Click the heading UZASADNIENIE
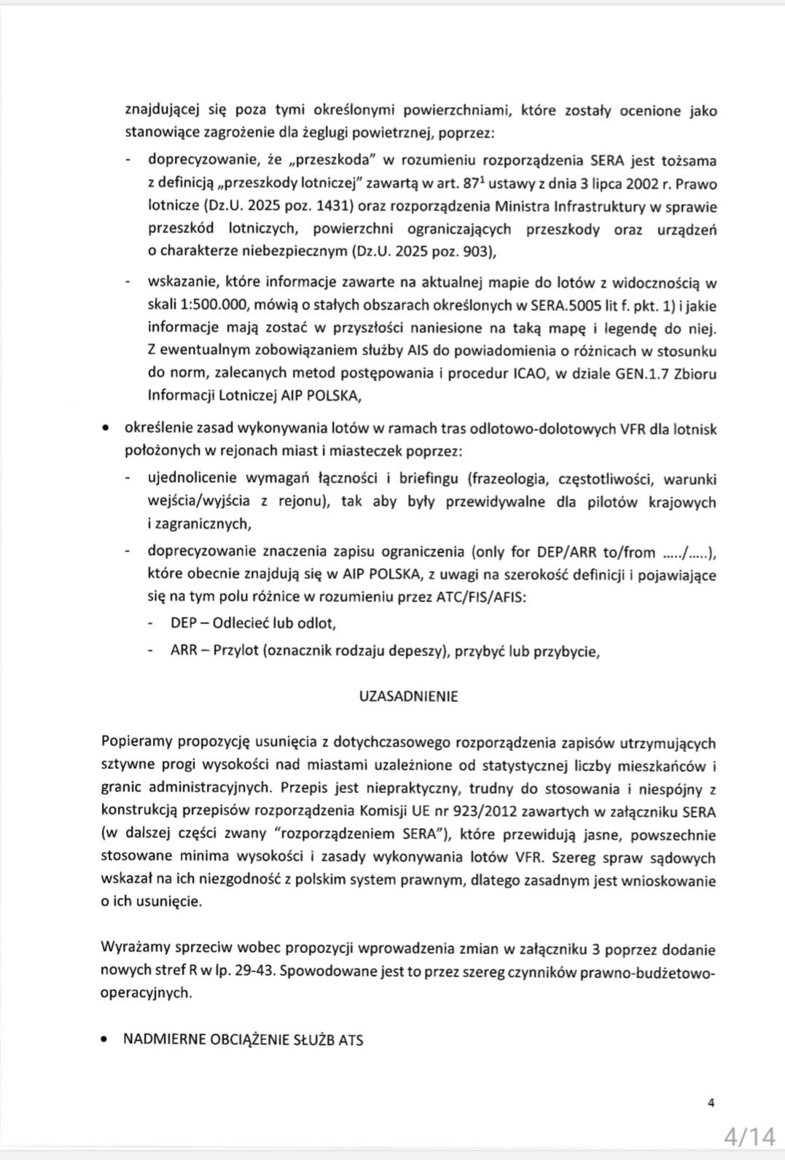pos(408,696)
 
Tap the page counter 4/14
pos(749,1136)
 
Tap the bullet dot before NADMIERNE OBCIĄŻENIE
pos(106,1039)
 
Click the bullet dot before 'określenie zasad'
pos(106,429)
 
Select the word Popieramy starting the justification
pos(138,743)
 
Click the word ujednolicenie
pos(192,478)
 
